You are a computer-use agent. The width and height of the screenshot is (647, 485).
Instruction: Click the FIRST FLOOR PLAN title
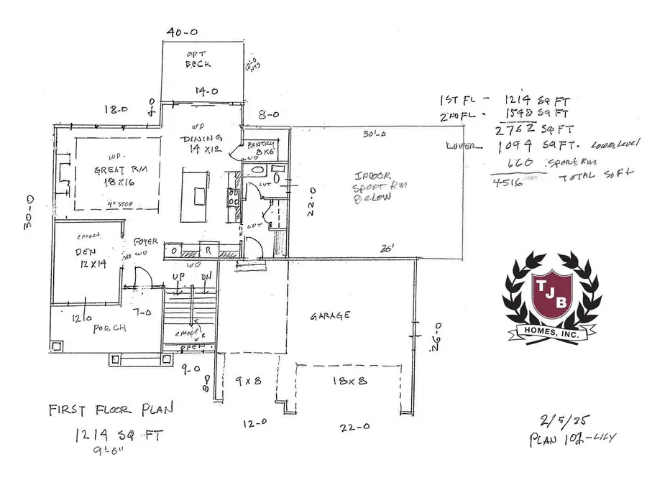[x=111, y=410]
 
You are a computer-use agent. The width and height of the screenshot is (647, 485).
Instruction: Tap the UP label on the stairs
[x=178, y=276]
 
